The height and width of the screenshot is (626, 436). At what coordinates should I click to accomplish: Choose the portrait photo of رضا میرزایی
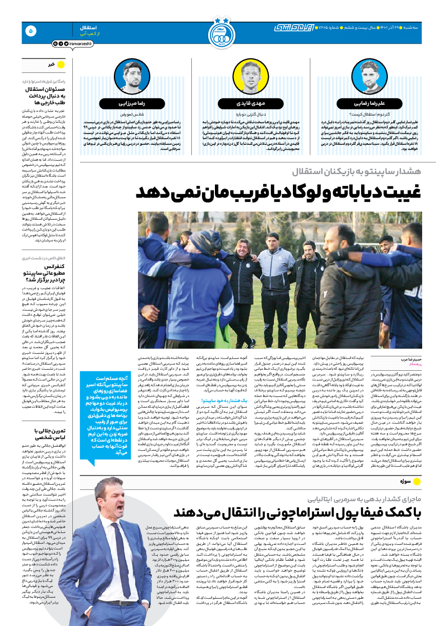click(135, 77)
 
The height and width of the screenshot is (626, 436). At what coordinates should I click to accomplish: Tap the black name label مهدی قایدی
click(248, 102)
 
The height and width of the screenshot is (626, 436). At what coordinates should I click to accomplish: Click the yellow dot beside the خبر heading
click(60, 65)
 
